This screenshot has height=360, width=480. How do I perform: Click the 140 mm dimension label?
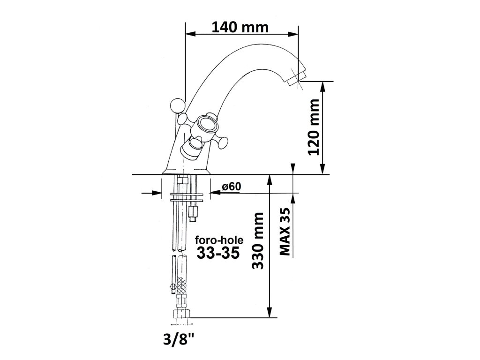coord(240,27)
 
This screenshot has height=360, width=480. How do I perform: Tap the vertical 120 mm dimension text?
coord(314,127)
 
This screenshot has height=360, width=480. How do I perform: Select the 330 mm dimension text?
coord(257,241)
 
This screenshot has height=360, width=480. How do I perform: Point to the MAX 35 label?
coord(285,232)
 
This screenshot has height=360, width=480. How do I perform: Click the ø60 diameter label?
coord(232,187)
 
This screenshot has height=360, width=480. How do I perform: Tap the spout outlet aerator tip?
coord(296,78)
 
